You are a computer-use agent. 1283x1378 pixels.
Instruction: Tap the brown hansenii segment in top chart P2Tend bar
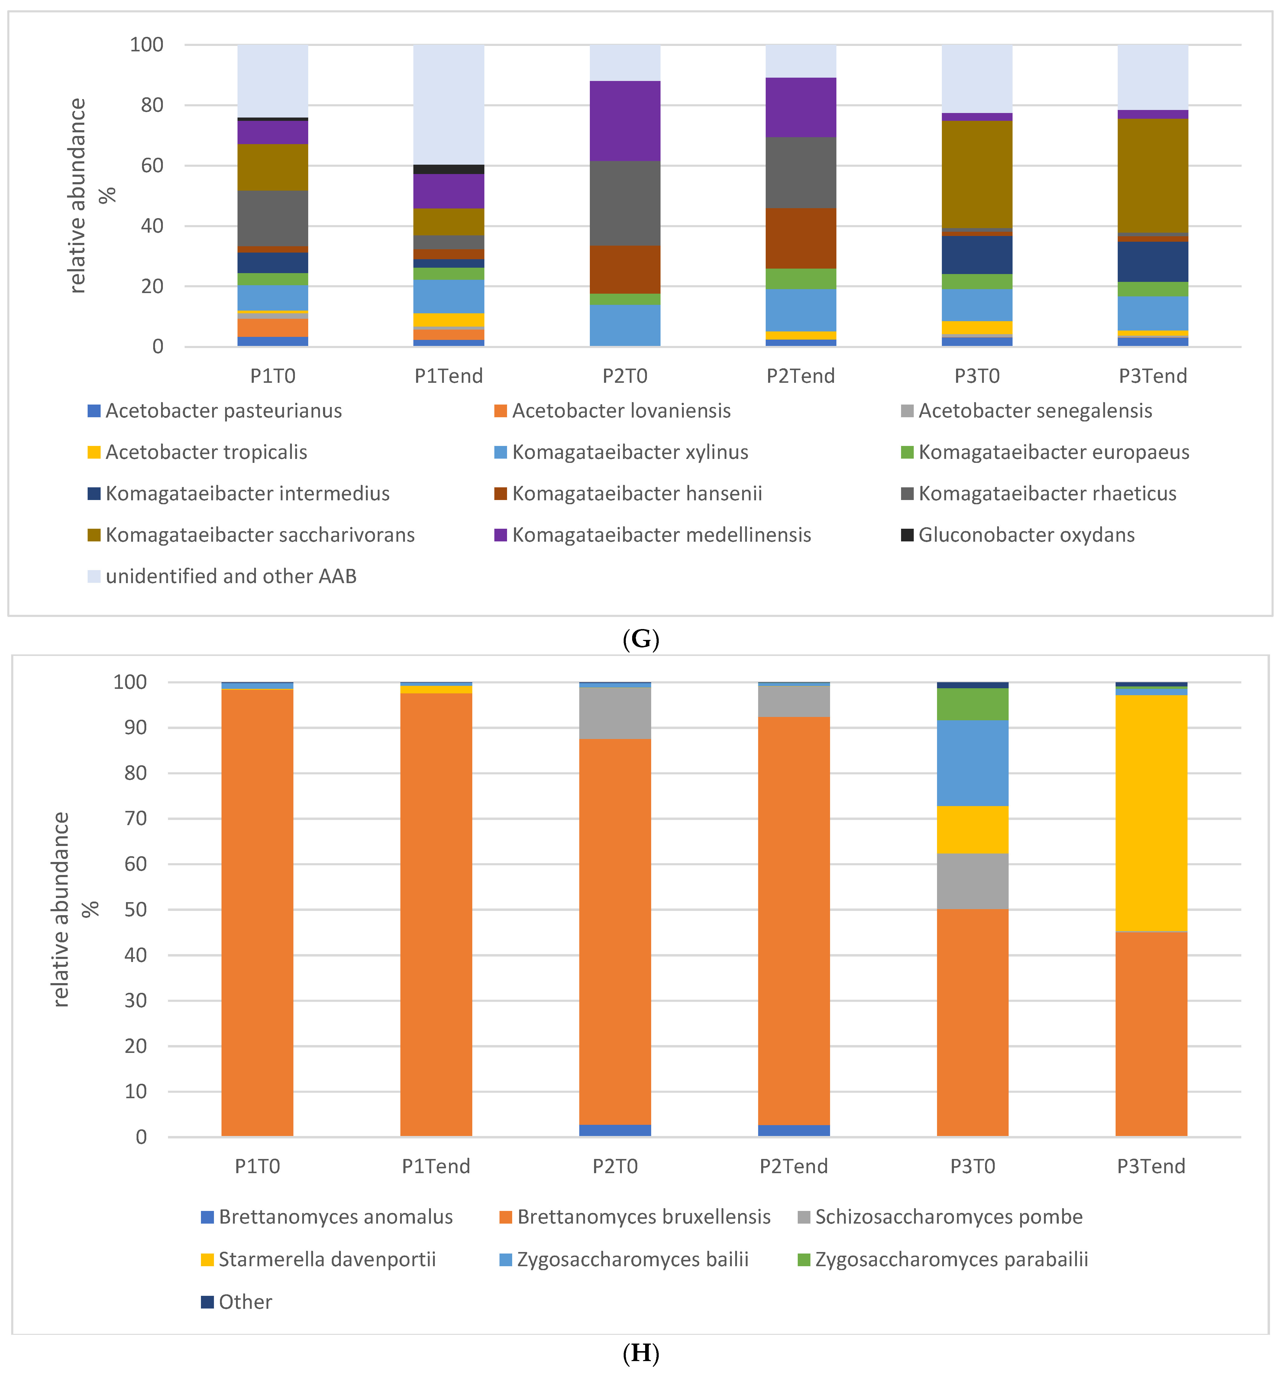click(800, 238)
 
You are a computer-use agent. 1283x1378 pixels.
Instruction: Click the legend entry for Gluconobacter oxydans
click(1026, 535)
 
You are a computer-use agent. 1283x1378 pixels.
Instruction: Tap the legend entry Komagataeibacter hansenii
click(636, 494)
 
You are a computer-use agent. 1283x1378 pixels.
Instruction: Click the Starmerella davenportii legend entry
click(326, 1260)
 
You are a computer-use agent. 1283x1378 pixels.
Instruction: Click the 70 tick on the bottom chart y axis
click(136, 819)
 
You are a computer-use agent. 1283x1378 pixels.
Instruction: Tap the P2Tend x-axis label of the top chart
click(800, 376)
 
